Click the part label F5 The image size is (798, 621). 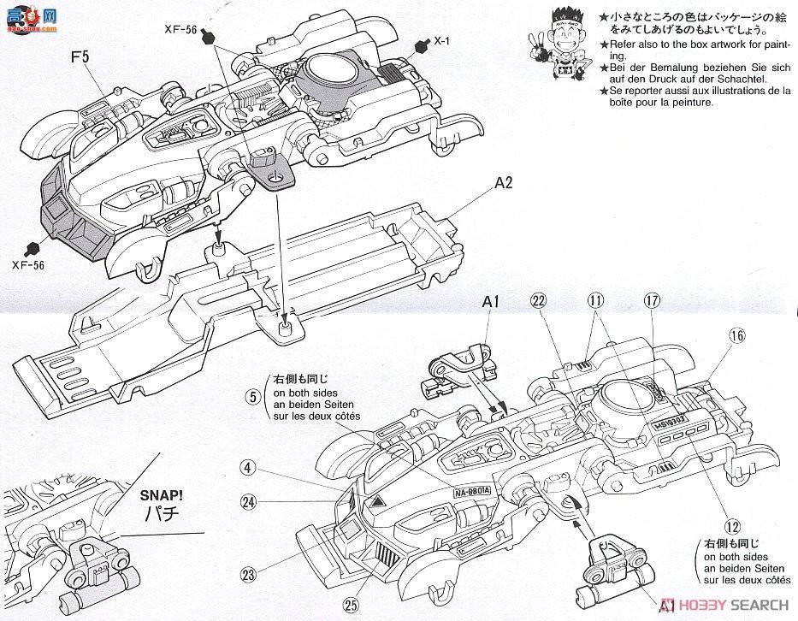(x=80, y=61)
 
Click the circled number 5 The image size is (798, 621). (x=251, y=396)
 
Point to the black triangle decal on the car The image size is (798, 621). (x=377, y=501)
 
